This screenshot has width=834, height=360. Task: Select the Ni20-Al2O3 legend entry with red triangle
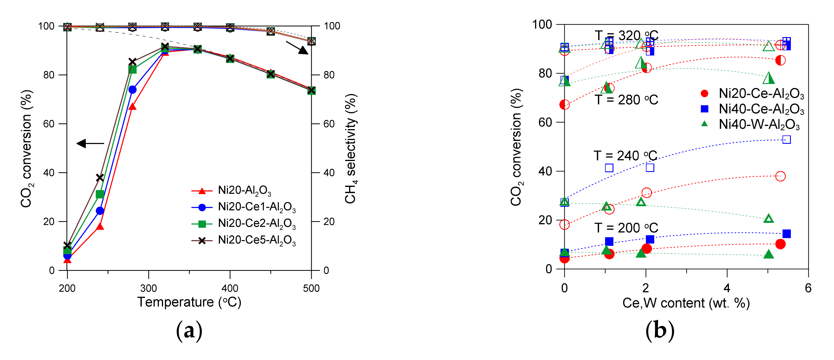[x=231, y=191]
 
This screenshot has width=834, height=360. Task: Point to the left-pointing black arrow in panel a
[x=90, y=143]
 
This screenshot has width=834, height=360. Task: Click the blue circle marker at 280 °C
[x=132, y=90]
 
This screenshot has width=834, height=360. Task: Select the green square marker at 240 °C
[x=100, y=194]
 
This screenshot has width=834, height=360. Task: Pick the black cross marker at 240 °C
[x=100, y=178]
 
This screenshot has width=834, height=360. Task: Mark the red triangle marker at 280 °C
[x=132, y=106]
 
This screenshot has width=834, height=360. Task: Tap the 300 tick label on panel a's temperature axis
[x=149, y=288]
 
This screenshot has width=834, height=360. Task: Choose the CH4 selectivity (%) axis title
[x=351, y=149]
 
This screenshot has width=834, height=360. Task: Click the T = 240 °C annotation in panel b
[x=625, y=156]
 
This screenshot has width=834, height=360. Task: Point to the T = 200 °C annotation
[x=626, y=228]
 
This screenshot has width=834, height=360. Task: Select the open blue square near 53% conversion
[x=787, y=139]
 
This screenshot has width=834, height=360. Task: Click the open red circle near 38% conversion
[x=780, y=176]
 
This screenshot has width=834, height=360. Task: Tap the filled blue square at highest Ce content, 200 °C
[x=787, y=234]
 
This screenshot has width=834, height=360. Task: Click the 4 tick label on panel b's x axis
[x=727, y=288]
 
